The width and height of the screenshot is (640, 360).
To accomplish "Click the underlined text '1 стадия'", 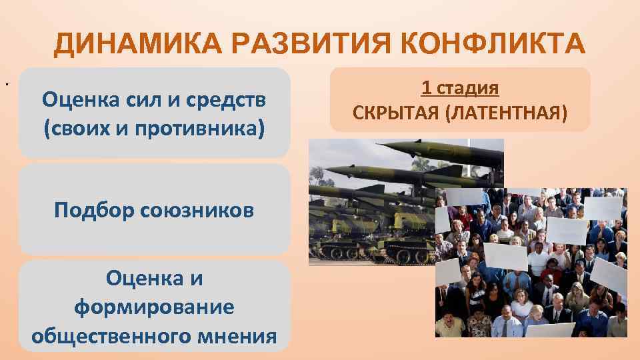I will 460,87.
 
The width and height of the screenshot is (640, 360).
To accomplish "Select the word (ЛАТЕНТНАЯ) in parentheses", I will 508,111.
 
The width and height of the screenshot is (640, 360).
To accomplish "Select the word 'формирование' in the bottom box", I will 154,307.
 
